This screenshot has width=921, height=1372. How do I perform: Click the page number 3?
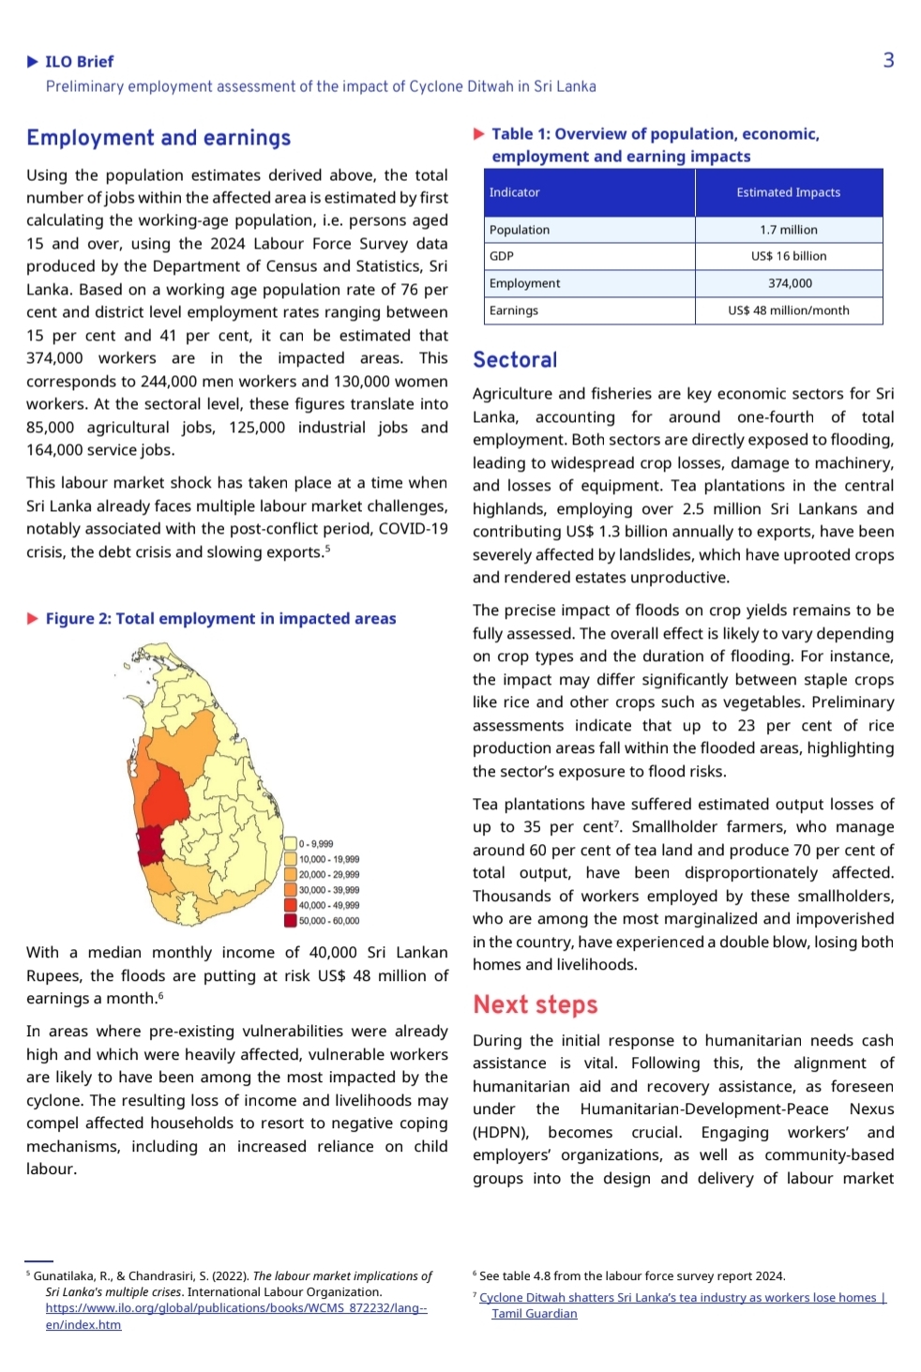tap(888, 60)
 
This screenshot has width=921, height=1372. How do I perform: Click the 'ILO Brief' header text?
tap(79, 62)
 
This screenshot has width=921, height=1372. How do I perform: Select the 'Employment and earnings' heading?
tap(159, 138)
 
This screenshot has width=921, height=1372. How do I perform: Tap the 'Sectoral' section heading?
tap(515, 360)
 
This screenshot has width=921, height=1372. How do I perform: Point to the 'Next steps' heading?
tap(535, 1004)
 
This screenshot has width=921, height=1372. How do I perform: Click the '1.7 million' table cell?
tap(788, 230)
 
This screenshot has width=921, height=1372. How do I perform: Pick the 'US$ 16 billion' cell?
tap(788, 256)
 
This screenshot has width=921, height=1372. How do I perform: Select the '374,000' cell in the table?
tap(789, 283)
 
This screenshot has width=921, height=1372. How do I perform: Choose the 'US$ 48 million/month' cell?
tap(788, 310)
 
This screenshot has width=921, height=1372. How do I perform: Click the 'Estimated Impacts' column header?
tap(788, 192)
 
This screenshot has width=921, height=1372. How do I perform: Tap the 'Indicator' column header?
tap(514, 192)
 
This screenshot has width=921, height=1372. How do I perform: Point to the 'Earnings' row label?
tap(513, 310)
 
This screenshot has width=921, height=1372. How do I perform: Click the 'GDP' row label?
tap(501, 256)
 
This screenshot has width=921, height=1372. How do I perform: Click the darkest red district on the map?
tap(150, 845)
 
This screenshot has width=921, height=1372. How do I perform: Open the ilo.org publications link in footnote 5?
tap(235, 1308)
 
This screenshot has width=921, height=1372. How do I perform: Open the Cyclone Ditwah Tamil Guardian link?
tap(682, 1298)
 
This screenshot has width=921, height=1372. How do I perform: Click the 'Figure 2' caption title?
tap(220, 619)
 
